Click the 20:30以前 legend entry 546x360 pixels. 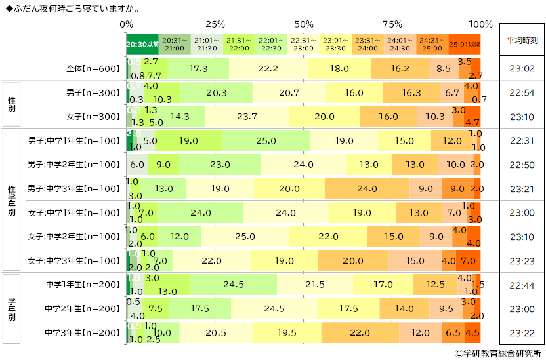click(x=142, y=44)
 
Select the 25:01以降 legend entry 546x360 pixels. click(x=465, y=44)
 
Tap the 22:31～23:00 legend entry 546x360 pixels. click(x=303, y=44)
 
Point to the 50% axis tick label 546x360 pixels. click(x=304, y=24)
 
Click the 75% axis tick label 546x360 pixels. click(x=392, y=24)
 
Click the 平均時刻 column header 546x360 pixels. click(x=522, y=40)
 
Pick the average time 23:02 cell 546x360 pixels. click(x=522, y=69)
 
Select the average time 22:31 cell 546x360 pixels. click(x=522, y=140)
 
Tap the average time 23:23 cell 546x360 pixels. click(x=522, y=260)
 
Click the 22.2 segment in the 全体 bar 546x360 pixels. click(x=268, y=69)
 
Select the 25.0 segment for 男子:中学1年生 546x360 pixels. click(x=266, y=140)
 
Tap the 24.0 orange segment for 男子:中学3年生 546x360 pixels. click(x=366, y=189)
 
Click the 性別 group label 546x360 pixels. click(x=11, y=103)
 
